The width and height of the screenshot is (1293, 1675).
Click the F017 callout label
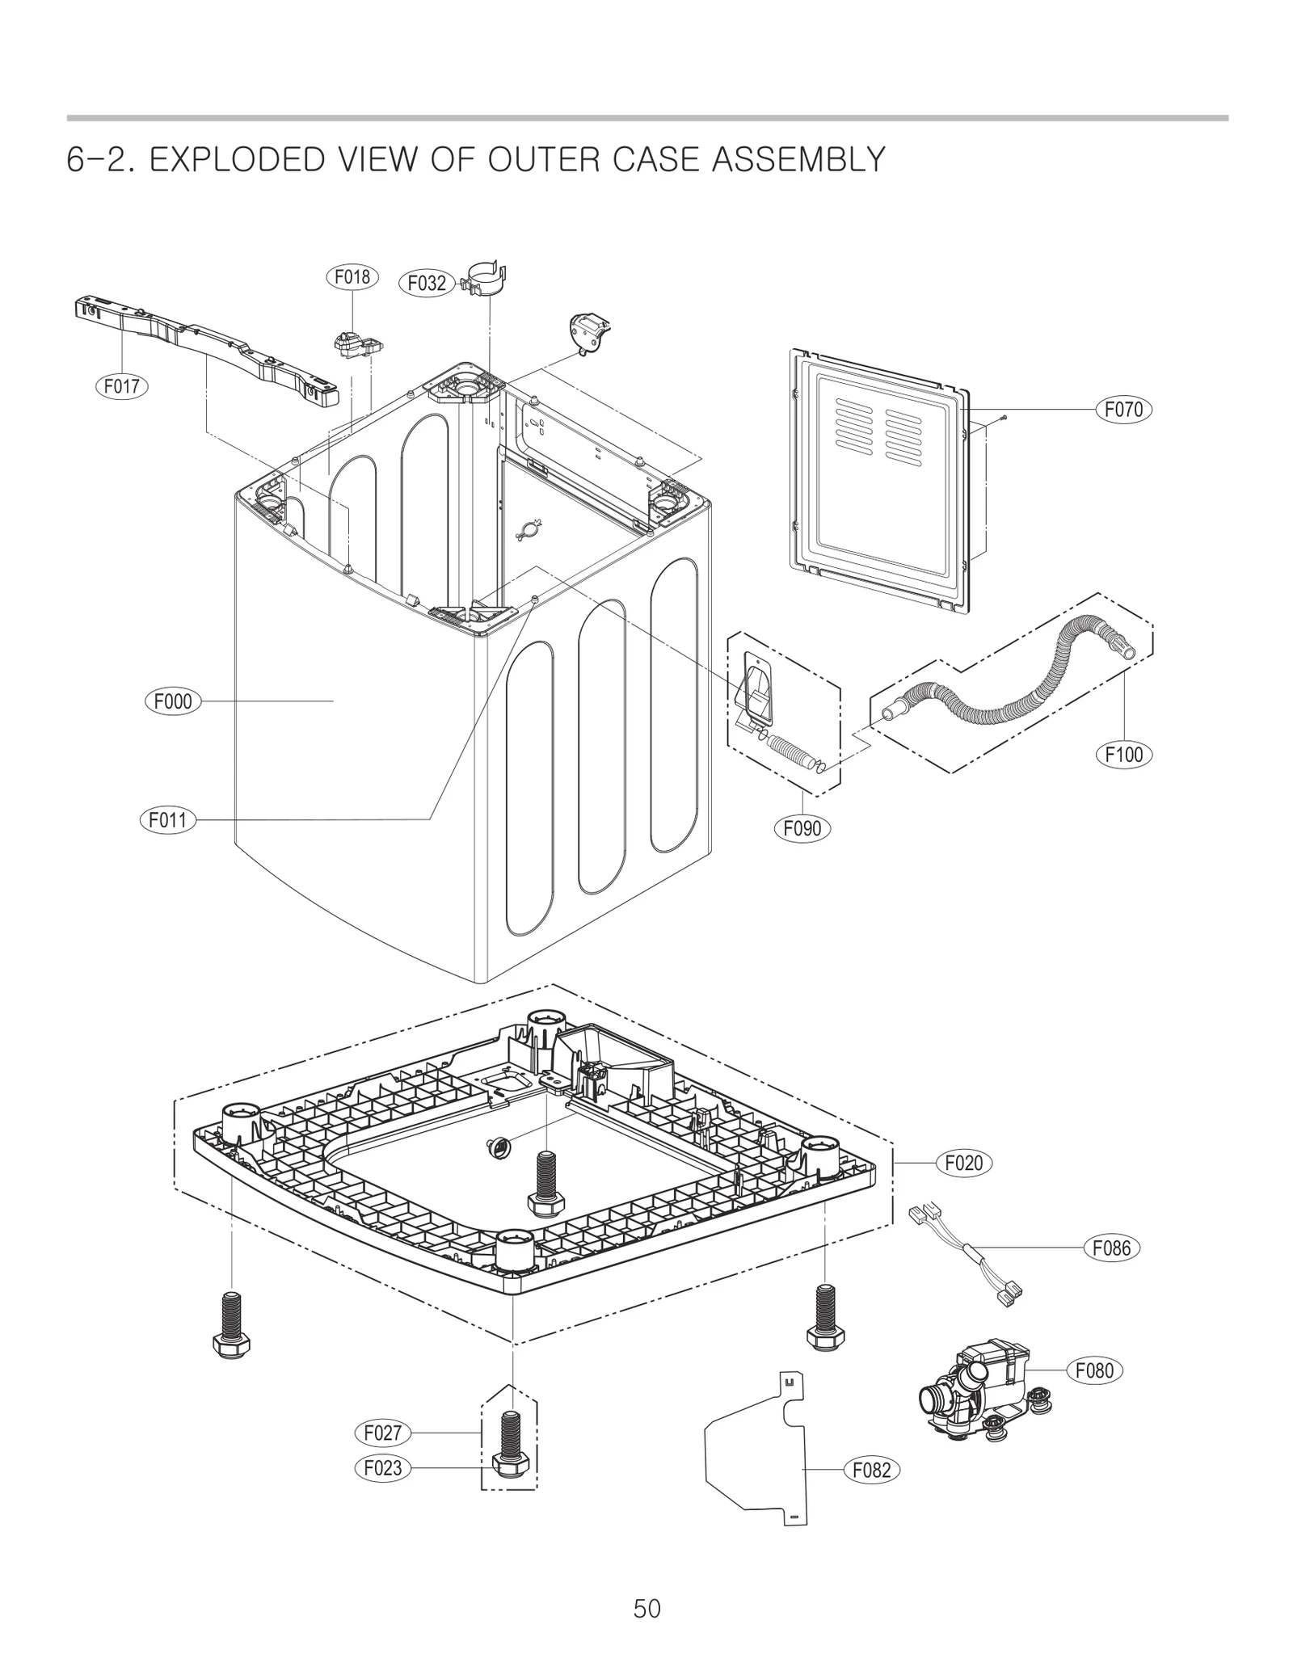tap(122, 386)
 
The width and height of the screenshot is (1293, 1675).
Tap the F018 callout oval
tap(352, 277)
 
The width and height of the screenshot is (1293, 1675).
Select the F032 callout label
tap(427, 284)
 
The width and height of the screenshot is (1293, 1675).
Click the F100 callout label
tap(1123, 755)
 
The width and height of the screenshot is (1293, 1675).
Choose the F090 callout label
tap(802, 828)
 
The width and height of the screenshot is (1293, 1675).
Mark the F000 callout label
tap(173, 701)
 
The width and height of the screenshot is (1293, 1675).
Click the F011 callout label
tap(168, 820)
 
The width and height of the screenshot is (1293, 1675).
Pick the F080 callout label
tap(1095, 1370)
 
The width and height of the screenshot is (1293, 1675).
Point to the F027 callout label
tap(383, 1433)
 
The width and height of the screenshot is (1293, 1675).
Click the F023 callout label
tap(383, 1467)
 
